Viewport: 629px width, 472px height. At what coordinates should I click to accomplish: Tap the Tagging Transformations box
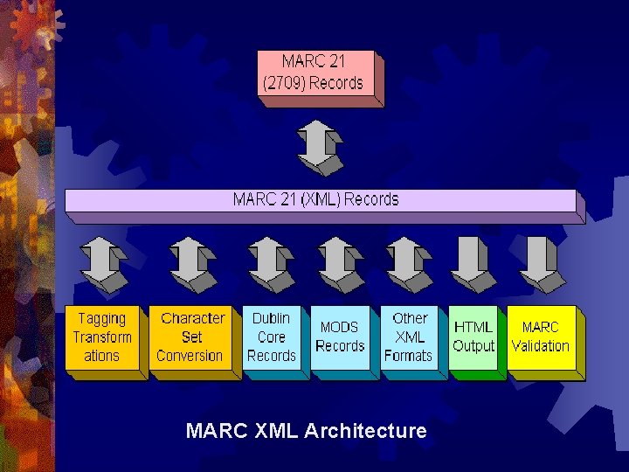[x=103, y=337]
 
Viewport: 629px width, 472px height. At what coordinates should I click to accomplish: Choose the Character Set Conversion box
[x=190, y=337]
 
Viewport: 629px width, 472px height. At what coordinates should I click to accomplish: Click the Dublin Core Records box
[x=272, y=337]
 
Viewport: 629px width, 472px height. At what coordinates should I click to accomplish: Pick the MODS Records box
[x=340, y=337]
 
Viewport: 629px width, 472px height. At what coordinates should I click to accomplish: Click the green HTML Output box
[x=473, y=338]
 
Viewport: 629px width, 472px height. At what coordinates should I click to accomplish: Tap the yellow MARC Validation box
[x=541, y=337]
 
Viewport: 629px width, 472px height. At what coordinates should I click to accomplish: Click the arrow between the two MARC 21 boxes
[x=320, y=147]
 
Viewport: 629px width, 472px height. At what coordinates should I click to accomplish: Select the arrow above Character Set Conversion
[x=192, y=264]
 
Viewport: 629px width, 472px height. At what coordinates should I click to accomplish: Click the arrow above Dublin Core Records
[x=271, y=264]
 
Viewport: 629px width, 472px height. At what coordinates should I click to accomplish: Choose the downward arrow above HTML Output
[x=473, y=264]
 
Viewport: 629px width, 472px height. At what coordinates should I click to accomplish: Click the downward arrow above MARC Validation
[x=542, y=264]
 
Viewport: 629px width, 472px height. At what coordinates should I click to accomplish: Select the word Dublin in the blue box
[x=271, y=318]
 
